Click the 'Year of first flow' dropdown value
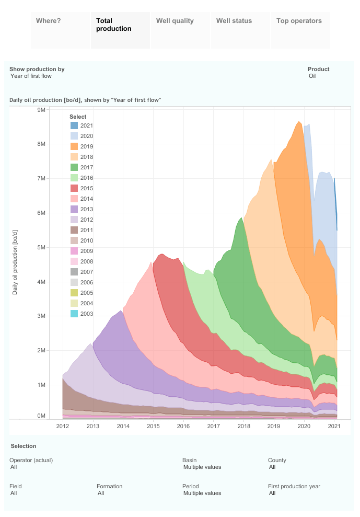click(31, 76)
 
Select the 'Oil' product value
click(312, 76)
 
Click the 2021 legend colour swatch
click(74, 125)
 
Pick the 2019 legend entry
click(86, 146)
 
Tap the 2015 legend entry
click(86, 188)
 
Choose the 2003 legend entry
click(86, 314)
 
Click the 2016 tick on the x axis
click(183, 427)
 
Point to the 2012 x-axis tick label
click(63, 427)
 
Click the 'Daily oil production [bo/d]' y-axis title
click(15, 262)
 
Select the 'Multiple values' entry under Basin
click(202, 467)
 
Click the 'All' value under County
click(273, 467)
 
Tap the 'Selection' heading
click(23, 446)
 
